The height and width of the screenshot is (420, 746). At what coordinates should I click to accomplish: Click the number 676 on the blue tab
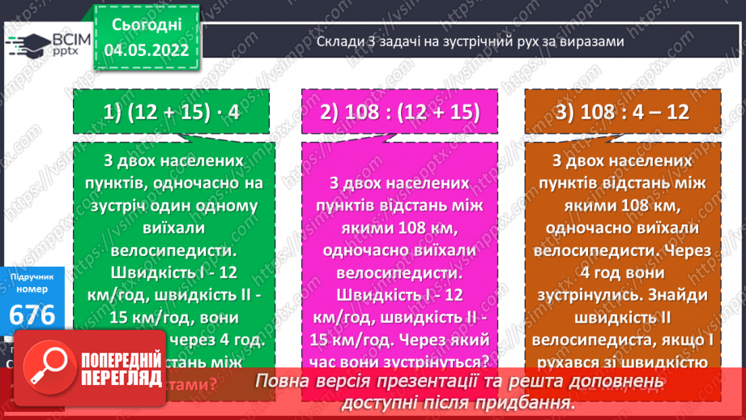point(32,315)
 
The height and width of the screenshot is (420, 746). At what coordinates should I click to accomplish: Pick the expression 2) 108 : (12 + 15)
point(399,113)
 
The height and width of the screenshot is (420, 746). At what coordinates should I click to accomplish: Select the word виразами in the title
point(593,42)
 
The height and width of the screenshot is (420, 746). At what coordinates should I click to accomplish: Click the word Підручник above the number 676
point(32,277)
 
